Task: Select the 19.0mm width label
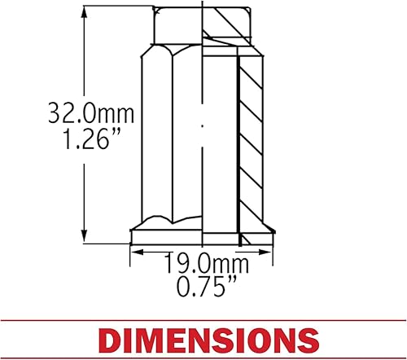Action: (x=201, y=264)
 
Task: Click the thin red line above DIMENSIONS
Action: (x=203, y=320)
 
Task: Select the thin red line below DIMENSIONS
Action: (x=203, y=359)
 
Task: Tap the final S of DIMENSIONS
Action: (x=306, y=340)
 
